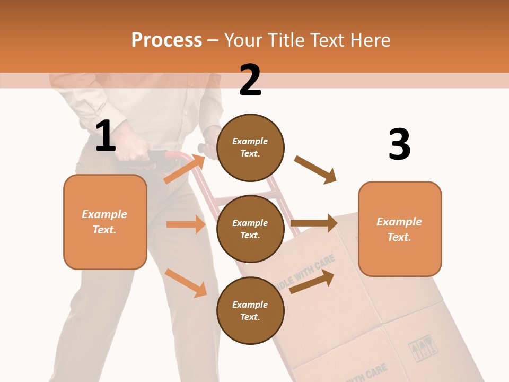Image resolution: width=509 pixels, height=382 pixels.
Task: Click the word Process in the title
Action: [166, 40]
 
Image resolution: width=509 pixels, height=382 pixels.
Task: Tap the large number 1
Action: [106, 136]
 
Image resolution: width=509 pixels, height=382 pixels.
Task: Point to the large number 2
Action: [250, 80]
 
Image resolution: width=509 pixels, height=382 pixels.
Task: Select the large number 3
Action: [399, 144]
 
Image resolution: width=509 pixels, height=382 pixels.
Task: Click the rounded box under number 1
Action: [105, 222]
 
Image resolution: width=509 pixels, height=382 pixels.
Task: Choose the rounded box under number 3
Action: [400, 229]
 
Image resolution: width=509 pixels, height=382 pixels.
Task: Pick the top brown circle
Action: [250, 147]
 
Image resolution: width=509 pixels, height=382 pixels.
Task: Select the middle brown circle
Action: [250, 229]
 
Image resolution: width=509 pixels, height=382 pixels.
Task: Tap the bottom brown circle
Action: [250, 310]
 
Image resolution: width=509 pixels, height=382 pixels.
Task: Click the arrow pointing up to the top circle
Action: [185, 169]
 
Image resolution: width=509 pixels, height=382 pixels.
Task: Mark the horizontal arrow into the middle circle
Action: [186, 224]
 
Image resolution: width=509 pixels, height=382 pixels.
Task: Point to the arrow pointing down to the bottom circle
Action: [186, 283]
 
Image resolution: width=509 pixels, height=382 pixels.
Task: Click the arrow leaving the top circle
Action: [315, 170]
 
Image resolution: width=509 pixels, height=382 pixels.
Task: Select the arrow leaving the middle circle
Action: [314, 223]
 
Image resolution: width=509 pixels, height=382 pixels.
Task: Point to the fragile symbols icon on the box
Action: [422, 348]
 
